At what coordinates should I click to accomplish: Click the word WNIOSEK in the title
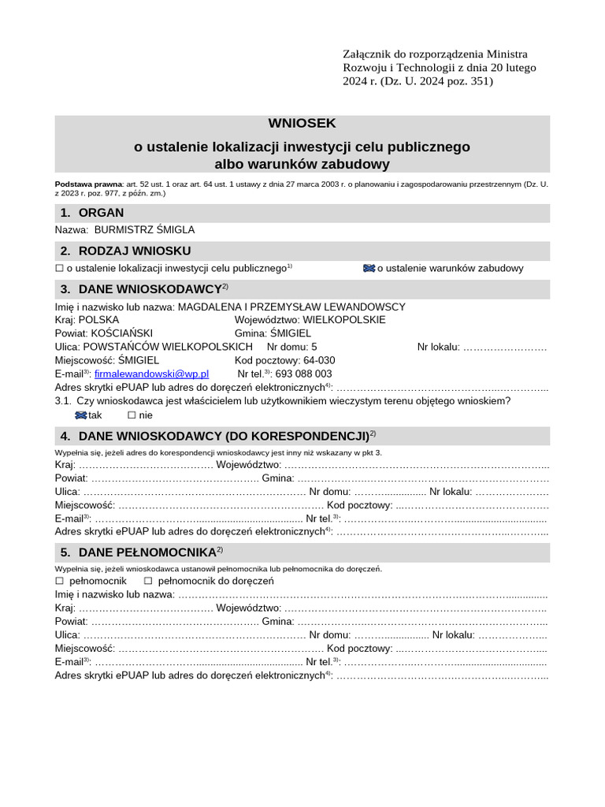click(x=302, y=123)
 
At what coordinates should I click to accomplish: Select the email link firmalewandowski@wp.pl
click(x=151, y=374)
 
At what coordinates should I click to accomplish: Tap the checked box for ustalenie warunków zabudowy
click(x=368, y=268)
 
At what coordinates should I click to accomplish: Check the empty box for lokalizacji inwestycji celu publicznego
click(x=59, y=268)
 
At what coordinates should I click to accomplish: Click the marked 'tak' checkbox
click(x=80, y=415)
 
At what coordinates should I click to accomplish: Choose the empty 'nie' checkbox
click(x=132, y=415)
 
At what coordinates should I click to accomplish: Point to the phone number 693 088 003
click(x=303, y=374)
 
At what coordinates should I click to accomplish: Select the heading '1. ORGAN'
click(x=91, y=213)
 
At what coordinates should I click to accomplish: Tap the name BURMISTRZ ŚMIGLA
click(x=144, y=230)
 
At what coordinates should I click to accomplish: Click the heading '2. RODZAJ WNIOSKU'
click(x=125, y=251)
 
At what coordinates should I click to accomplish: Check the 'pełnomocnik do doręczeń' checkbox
click(x=148, y=581)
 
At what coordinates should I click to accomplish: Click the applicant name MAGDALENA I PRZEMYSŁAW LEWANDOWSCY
click(x=291, y=307)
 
